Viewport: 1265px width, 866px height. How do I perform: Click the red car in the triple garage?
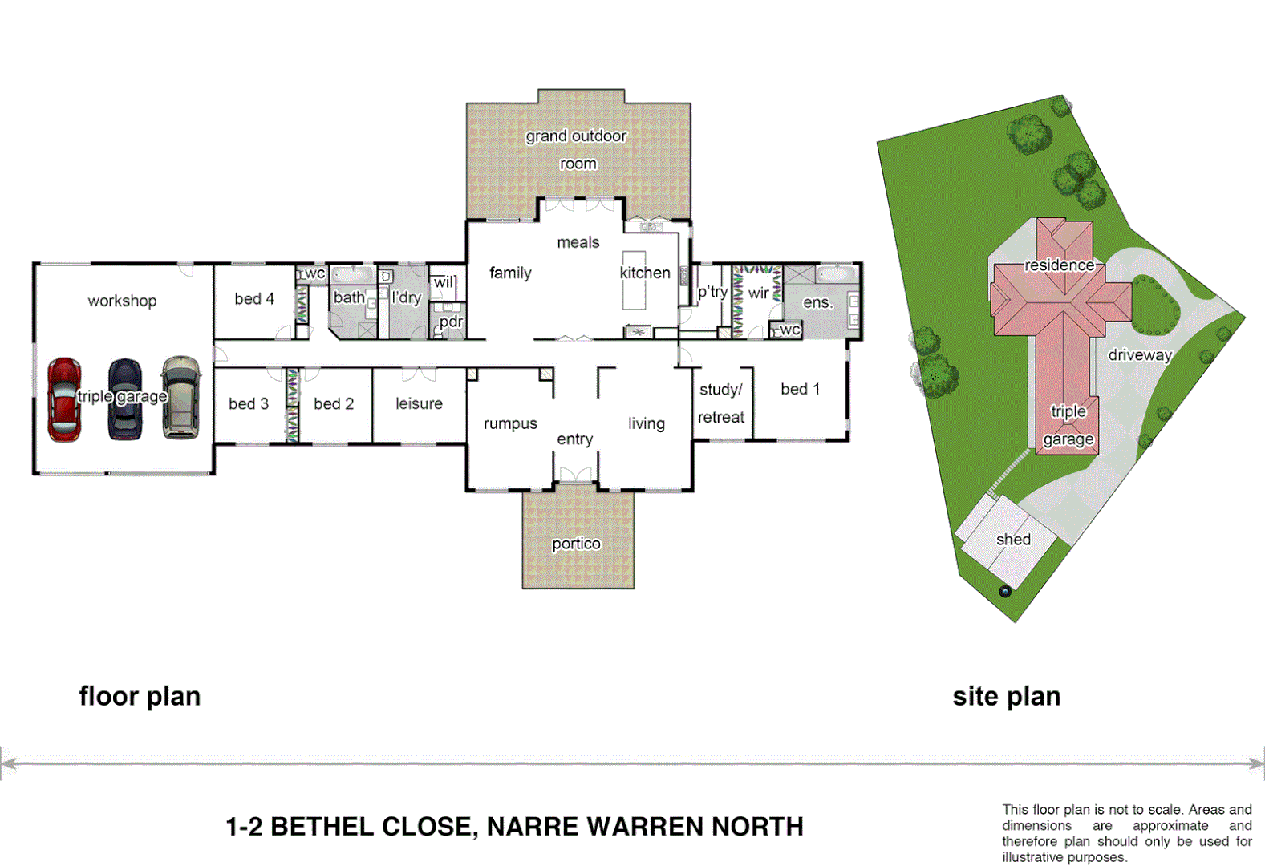tap(64, 399)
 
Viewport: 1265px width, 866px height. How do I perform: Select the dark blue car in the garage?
tap(124, 399)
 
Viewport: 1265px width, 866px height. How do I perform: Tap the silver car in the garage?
tap(181, 398)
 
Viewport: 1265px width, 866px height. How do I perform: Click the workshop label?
tap(122, 301)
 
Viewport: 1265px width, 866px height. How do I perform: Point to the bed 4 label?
tap(254, 299)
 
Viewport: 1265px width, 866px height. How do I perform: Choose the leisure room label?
tap(419, 403)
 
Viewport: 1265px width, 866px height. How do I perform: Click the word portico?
tap(576, 544)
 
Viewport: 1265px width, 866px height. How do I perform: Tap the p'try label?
tap(712, 292)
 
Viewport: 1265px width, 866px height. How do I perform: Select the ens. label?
tap(817, 302)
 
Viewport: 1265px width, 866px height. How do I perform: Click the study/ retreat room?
tap(721, 403)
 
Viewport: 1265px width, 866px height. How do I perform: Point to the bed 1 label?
tap(800, 389)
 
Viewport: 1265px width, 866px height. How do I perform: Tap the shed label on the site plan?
tap(1013, 540)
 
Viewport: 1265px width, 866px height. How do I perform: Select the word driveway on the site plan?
tap(1139, 354)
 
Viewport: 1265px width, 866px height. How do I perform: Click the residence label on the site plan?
tap(1059, 265)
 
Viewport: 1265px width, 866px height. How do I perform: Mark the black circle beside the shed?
tap(1005, 592)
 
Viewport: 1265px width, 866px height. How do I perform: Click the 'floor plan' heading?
tap(140, 696)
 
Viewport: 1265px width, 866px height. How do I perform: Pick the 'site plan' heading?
tap(1006, 696)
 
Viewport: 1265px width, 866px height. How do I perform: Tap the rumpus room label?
tap(510, 423)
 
